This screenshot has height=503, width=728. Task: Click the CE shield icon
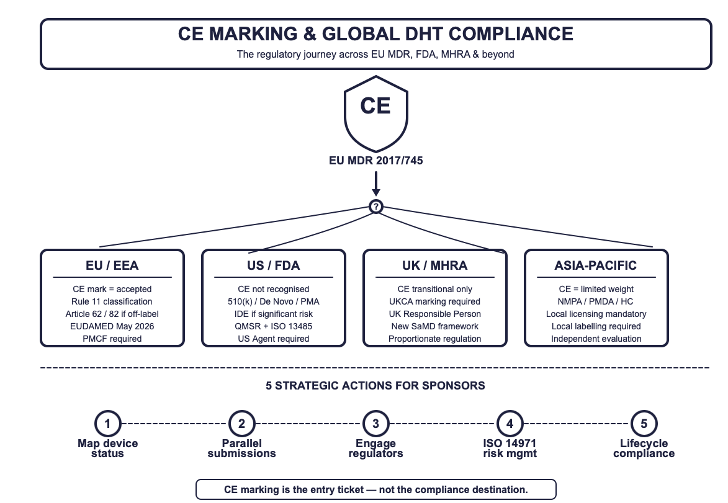[375, 111]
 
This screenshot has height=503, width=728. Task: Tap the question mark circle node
[375, 207]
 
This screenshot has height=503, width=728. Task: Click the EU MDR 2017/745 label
[376, 161]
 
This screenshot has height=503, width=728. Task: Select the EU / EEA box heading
[112, 265]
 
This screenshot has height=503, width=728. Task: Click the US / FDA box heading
[274, 265]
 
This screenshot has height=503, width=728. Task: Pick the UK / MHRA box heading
[434, 265]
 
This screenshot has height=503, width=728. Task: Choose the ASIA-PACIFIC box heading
[596, 265]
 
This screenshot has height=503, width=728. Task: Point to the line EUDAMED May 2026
[112, 326]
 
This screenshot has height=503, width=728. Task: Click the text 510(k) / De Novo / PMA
[274, 301]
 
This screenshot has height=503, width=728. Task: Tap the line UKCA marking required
[434, 301]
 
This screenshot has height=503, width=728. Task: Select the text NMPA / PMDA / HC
[596, 301]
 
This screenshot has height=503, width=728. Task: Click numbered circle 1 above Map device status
[108, 424]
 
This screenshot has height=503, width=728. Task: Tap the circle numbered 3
[375, 424]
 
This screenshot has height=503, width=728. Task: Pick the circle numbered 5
[644, 424]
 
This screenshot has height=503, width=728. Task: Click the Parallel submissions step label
[242, 448]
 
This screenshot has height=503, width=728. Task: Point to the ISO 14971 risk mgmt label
[510, 448]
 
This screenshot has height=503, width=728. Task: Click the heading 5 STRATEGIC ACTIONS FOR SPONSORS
[375, 386]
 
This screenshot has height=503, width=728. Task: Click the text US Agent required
[274, 339]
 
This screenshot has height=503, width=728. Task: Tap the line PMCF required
[112, 339]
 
